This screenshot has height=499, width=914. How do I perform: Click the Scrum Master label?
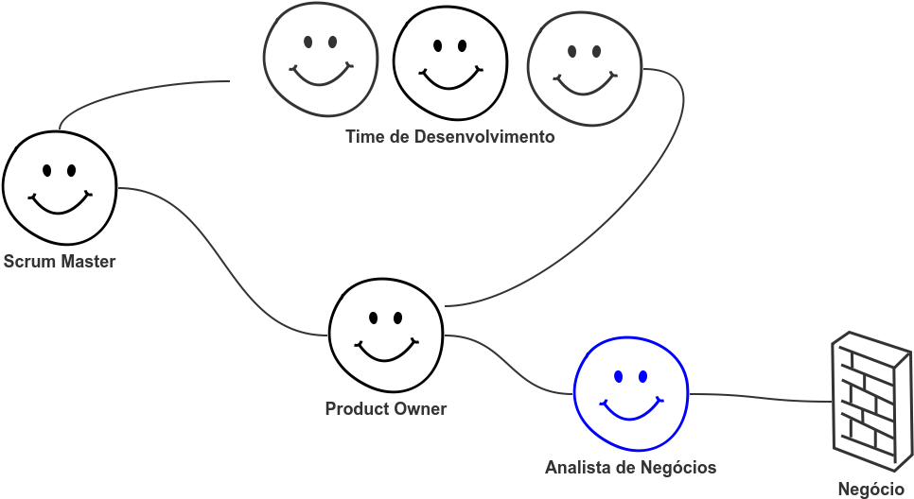(x=60, y=262)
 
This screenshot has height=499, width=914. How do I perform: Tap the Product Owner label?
(x=386, y=409)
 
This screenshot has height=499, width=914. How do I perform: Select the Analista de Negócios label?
(x=631, y=468)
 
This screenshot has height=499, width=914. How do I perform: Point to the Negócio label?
(x=870, y=490)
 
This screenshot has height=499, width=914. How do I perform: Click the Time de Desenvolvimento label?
(x=450, y=137)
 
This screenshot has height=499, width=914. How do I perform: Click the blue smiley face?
(x=631, y=393)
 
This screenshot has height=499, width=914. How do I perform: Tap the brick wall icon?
(x=871, y=402)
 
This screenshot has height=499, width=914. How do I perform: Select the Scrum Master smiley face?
(x=60, y=187)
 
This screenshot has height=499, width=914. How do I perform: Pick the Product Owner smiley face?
(x=386, y=335)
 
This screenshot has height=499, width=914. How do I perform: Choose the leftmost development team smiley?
(x=321, y=59)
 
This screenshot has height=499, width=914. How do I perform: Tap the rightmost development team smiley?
(x=585, y=69)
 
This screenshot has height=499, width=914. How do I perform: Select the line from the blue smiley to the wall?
(x=760, y=398)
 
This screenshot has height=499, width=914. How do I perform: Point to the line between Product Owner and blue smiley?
(x=508, y=366)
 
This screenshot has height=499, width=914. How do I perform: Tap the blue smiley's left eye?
(x=619, y=377)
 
